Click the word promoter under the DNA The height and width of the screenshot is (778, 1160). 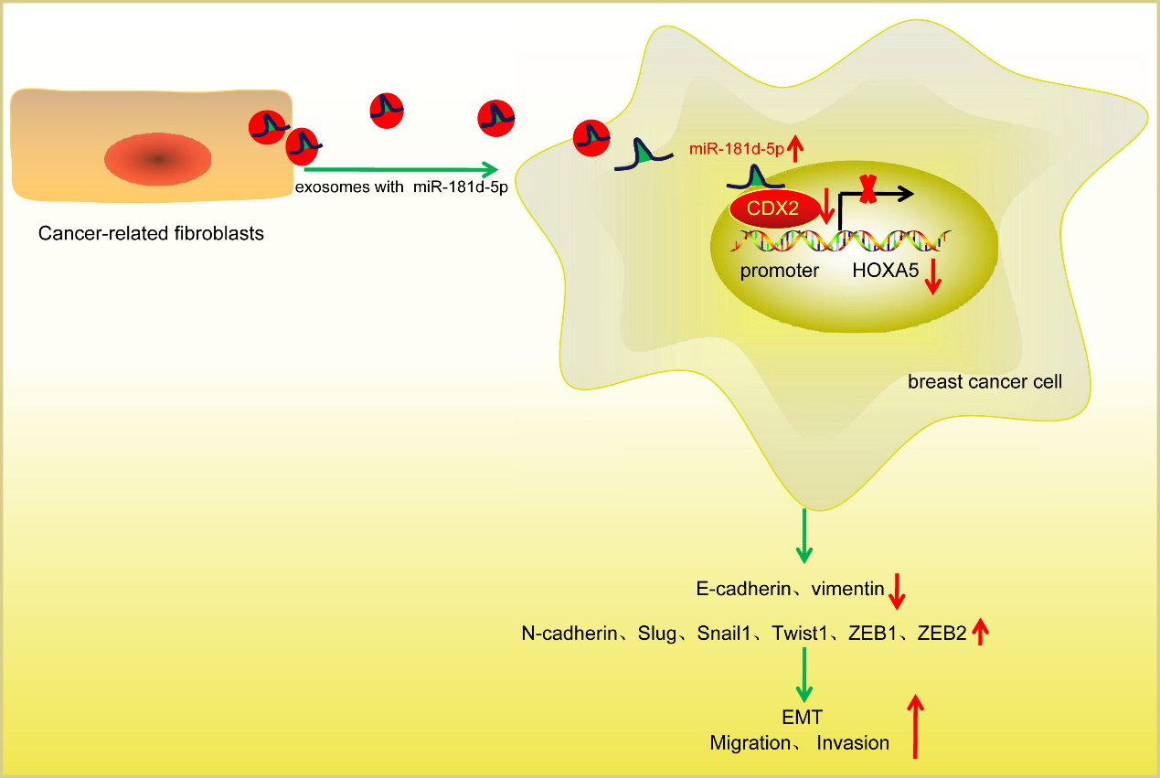[x=780, y=271]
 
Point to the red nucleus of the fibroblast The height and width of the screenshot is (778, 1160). [x=158, y=160]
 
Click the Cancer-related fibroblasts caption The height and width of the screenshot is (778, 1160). [x=151, y=233]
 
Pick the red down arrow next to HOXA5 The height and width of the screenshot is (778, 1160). [x=932, y=276]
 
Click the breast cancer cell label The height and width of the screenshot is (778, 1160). [x=984, y=381]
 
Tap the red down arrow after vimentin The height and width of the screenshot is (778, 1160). [x=896, y=591]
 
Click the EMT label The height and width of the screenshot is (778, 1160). [x=803, y=719]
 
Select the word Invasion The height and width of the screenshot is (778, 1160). [x=853, y=742]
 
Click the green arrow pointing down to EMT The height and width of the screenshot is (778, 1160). [x=803, y=675]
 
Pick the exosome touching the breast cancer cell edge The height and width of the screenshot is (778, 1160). [x=591, y=137]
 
